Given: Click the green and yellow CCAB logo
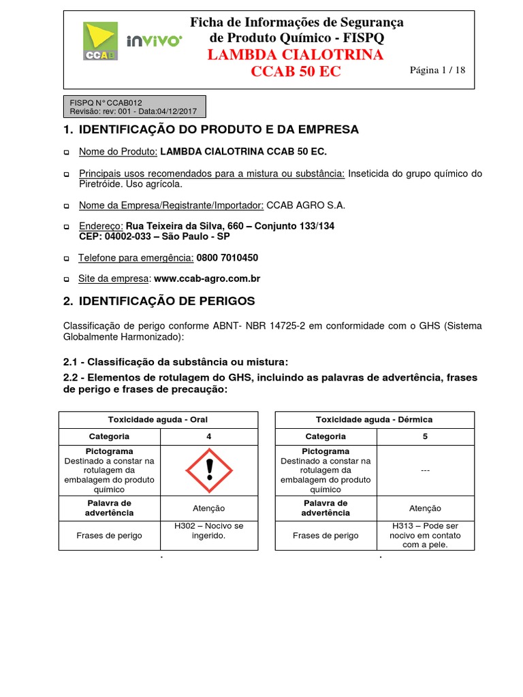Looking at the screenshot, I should [100, 41].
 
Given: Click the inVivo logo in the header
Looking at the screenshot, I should [154, 41].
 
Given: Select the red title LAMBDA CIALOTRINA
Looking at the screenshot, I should [296, 55].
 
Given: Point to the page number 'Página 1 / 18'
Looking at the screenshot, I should [437, 70].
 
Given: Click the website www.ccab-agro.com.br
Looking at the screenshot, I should [207, 278].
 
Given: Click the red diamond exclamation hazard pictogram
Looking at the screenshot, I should [209, 470].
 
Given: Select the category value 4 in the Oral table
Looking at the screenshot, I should [209, 436].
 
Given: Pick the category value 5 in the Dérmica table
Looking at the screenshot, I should [425, 436].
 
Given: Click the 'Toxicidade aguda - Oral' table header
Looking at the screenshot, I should [158, 419].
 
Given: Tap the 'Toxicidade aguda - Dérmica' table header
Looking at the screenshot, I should [374, 419].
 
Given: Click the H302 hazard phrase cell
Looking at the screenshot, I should [209, 531].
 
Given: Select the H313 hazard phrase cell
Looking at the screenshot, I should [425, 535].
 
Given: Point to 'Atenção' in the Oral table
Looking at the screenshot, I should [209, 508].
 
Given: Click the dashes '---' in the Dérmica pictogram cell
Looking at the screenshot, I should [425, 470].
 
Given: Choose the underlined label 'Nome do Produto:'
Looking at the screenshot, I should [118, 152].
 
